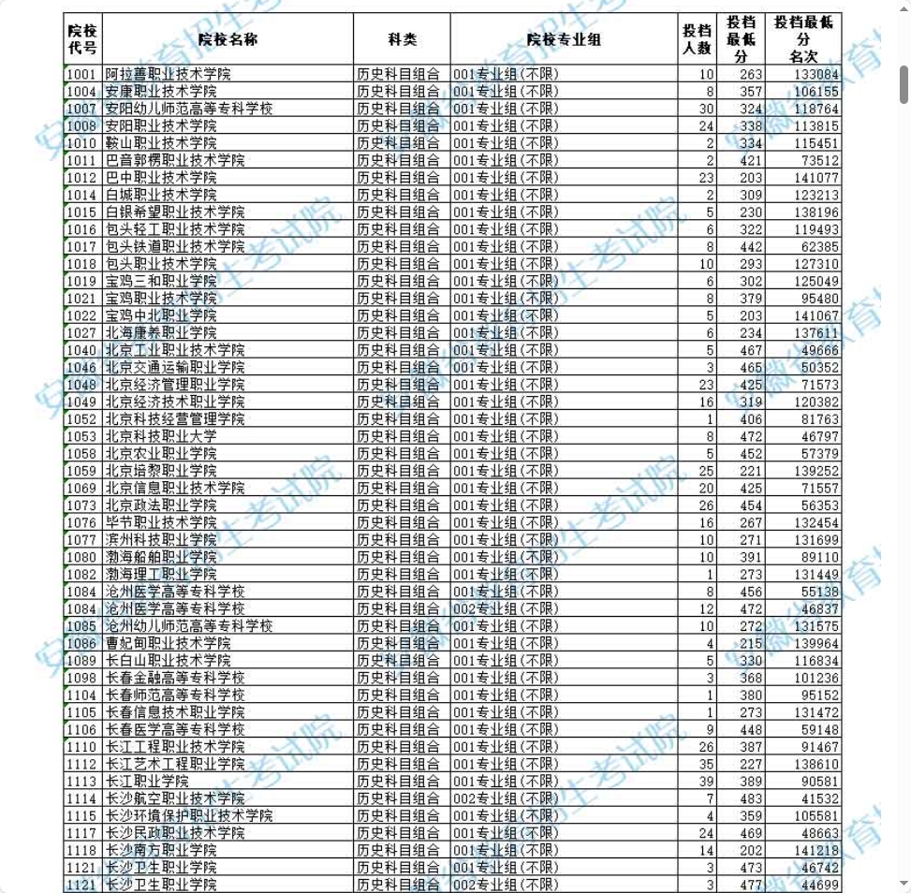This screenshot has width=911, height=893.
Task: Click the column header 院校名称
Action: point(228,39)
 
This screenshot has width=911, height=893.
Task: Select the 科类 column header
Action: point(402,39)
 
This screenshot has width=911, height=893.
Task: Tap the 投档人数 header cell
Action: point(697,39)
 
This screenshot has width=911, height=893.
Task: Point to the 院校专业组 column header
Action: point(564,39)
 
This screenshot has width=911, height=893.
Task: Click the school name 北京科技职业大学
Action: point(160,437)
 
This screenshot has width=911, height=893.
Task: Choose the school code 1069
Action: point(82,489)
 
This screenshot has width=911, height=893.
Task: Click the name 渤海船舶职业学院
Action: point(160,557)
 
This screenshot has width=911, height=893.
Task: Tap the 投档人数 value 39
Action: point(707,782)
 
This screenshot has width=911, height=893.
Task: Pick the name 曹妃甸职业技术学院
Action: point(168,643)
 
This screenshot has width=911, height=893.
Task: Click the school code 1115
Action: point(82,816)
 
